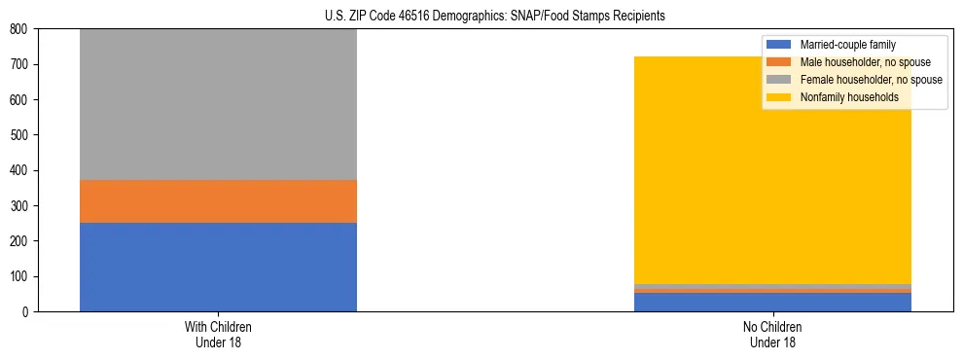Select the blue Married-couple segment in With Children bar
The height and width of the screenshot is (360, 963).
pos(218,267)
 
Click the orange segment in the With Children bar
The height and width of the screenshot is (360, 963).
pos(218,201)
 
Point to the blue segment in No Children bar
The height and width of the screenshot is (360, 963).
pos(772,302)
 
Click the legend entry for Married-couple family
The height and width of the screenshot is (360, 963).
pos(847,45)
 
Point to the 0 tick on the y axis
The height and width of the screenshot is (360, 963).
pos(25,312)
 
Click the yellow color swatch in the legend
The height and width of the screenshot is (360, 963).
pos(779,97)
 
